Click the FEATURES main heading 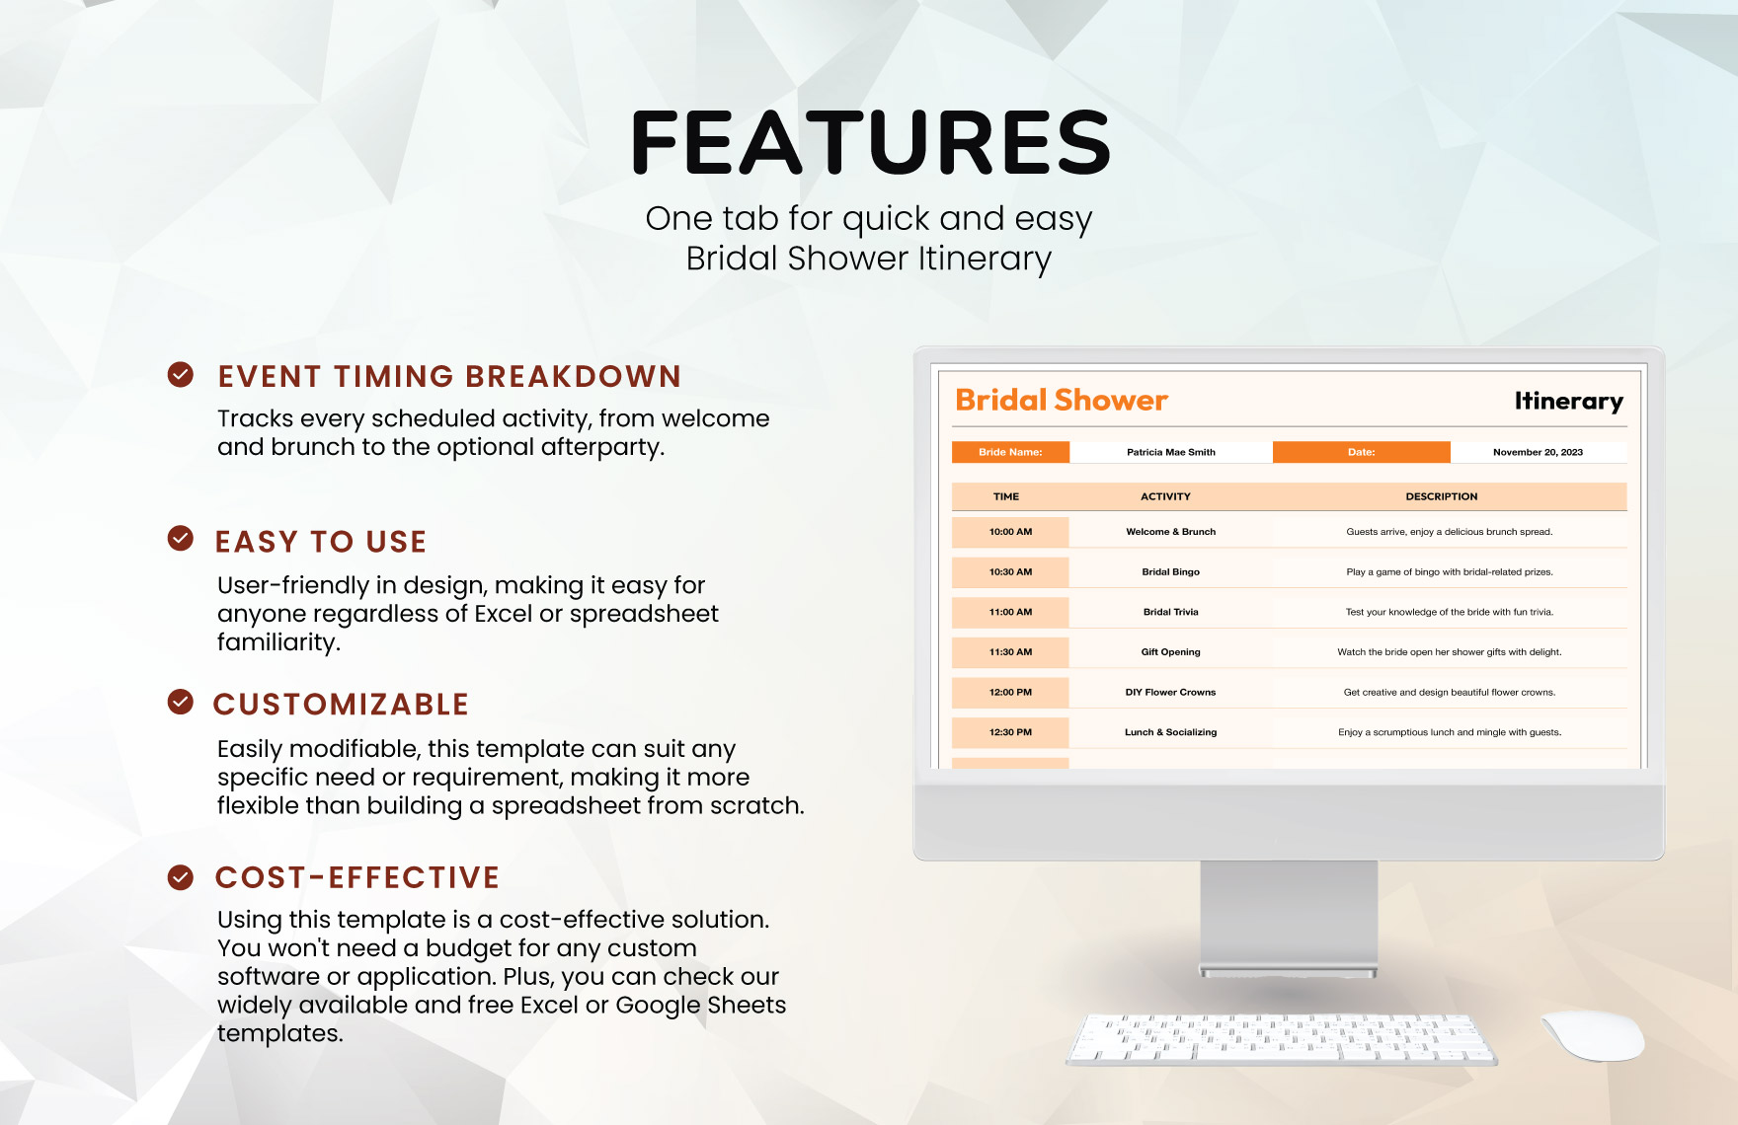tap(870, 142)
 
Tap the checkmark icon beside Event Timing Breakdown tap(181, 374)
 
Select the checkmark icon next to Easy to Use tap(181, 538)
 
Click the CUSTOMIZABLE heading tap(341, 705)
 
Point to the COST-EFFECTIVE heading tap(357, 877)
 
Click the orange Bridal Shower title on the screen tap(1062, 400)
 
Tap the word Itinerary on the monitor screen tap(1569, 401)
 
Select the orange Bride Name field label tap(1010, 452)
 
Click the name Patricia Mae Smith tap(1171, 452)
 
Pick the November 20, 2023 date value tap(1538, 452)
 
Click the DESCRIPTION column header tap(1442, 496)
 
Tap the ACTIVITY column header tap(1165, 496)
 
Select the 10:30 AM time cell tap(1010, 572)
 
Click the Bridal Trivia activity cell tap(1171, 612)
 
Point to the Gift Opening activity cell tap(1171, 652)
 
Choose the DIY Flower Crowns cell tap(1171, 693)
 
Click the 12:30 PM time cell tap(1010, 732)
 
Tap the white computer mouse tap(1593, 1035)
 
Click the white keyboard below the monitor tap(1282, 1040)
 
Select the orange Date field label tap(1362, 452)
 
